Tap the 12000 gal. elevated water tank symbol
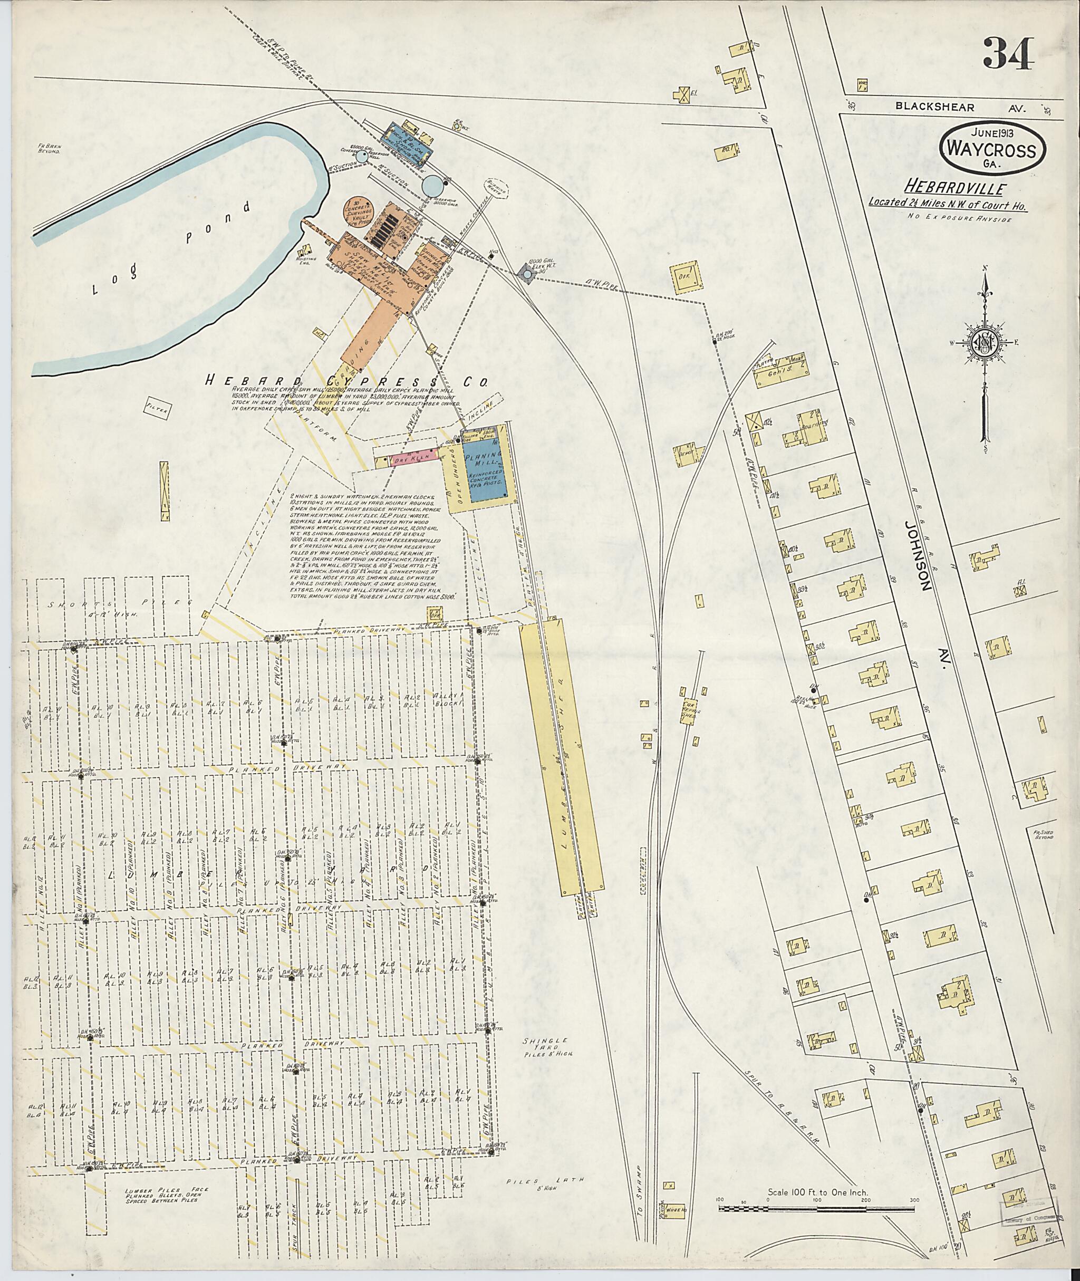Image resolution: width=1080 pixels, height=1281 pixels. click(x=526, y=275)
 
